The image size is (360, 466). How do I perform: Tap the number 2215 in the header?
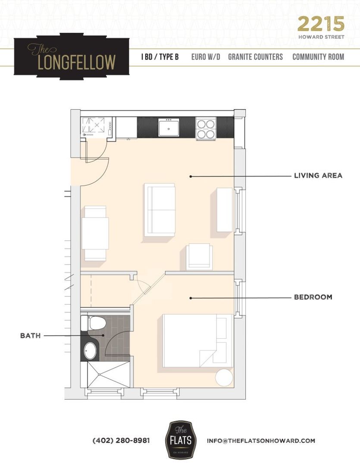(x=321, y=24)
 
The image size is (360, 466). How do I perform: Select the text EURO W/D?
(x=206, y=57)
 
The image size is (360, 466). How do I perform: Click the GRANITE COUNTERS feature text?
(x=255, y=57)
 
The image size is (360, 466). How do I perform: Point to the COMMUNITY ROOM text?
(x=318, y=57)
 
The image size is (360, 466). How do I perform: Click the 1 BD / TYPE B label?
(x=160, y=57)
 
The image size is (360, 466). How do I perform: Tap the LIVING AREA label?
(x=318, y=176)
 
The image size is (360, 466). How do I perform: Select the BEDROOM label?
(x=313, y=297)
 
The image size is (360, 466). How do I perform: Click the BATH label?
(x=30, y=335)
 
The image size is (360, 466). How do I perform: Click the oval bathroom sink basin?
(x=90, y=351)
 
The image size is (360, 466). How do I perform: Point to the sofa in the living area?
(x=160, y=210)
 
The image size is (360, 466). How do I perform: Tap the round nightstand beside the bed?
(x=224, y=378)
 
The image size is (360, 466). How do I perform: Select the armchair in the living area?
(x=199, y=256)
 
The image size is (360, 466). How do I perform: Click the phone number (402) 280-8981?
(x=121, y=441)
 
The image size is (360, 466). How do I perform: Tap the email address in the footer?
(x=261, y=441)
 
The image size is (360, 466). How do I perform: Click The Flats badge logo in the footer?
(x=181, y=440)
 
